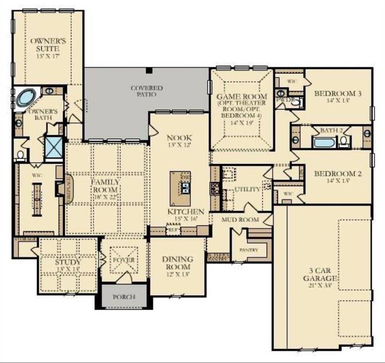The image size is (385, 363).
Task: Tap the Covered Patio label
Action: tap(147, 91)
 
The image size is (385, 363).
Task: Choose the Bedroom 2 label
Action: tap(338, 177)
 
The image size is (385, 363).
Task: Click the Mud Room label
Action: tap(240, 219)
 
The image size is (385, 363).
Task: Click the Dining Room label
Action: tap(177, 263)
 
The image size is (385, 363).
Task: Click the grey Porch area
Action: tap(124, 297)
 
